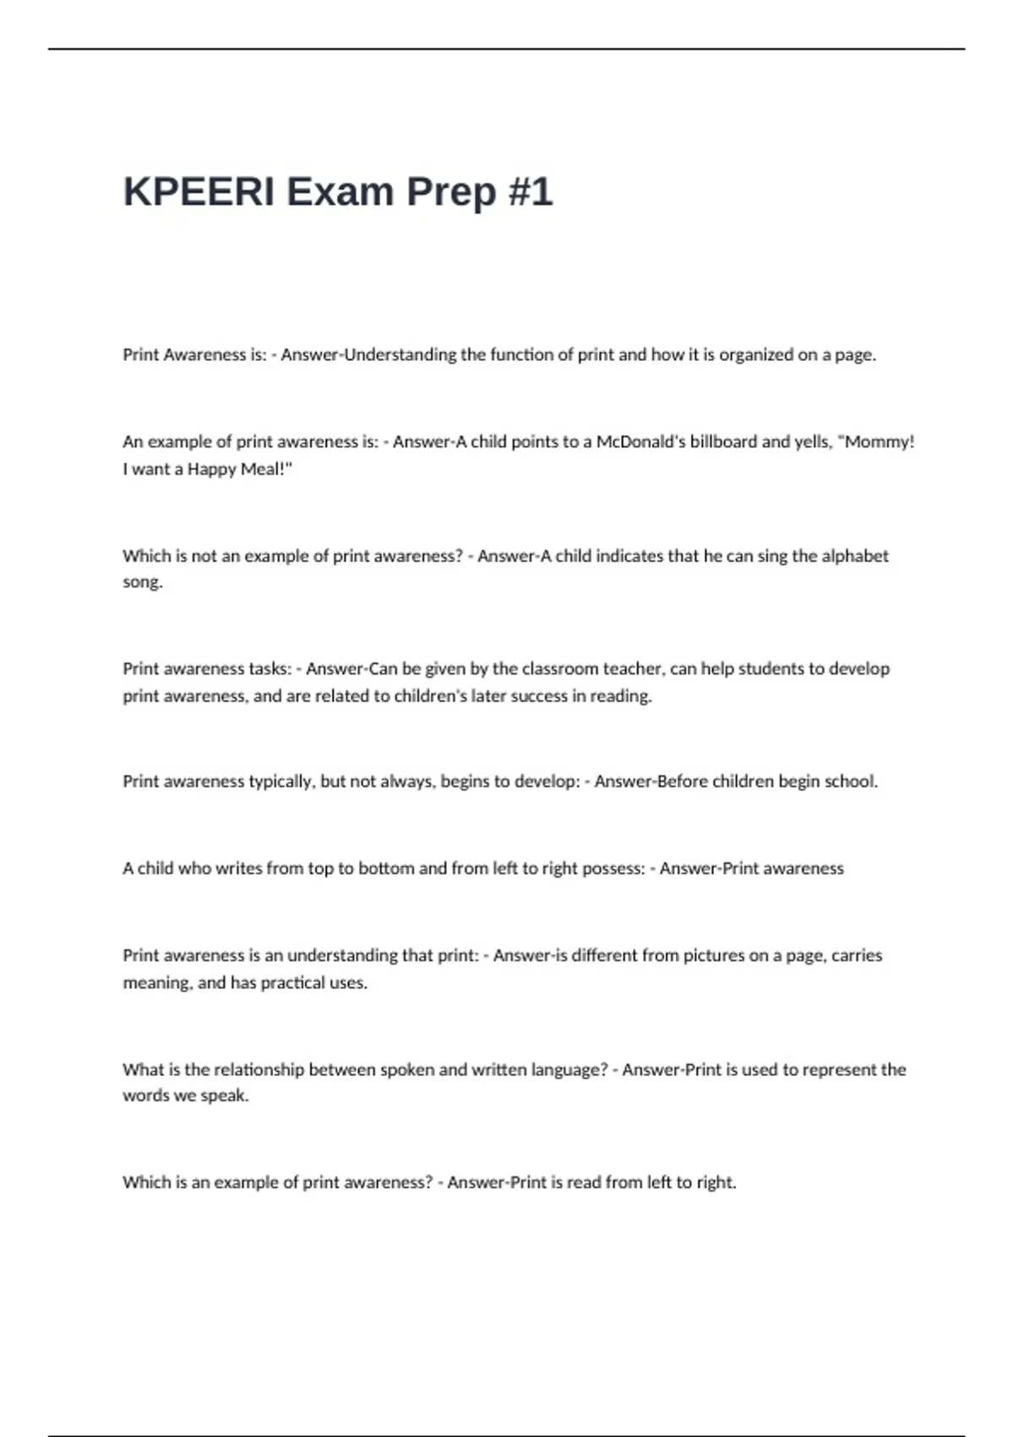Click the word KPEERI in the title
199,192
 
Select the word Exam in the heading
340,192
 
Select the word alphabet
855,556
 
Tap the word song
142,582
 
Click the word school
851,782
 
